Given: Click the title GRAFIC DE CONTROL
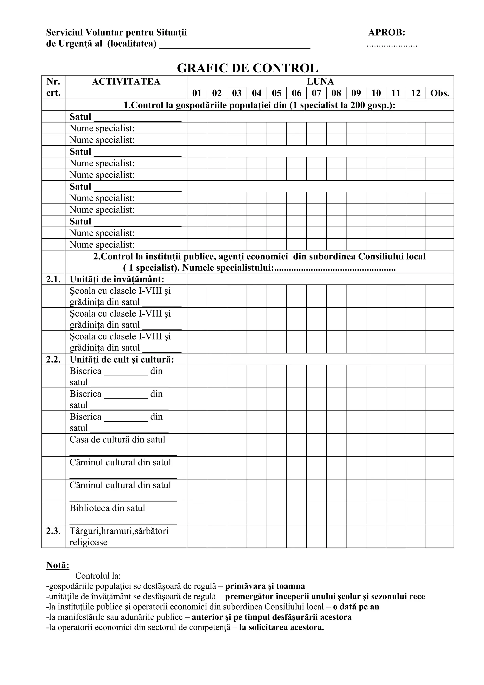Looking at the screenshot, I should pyautogui.click(x=247, y=68).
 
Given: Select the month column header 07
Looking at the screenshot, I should pyautogui.click(x=316, y=93).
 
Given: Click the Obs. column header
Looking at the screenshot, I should pyautogui.click(x=439, y=93).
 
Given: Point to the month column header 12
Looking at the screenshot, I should pyautogui.click(x=415, y=93).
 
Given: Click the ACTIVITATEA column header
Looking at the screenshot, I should pyautogui.click(x=126, y=81).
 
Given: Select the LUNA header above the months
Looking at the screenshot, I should pyautogui.click(x=320, y=81).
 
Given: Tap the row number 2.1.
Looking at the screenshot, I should pyautogui.click(x=53, y=279).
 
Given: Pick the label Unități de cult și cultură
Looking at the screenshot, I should pyautogui.click(x=122, y=359).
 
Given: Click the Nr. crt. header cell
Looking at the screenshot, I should pyautogui.click(x=53, y=87).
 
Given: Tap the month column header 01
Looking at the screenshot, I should pyautogui.click(x=197, y=93).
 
